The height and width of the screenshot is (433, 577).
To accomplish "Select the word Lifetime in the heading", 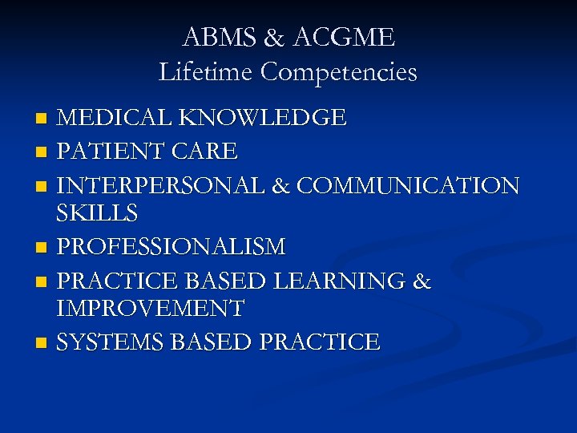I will (206, 72).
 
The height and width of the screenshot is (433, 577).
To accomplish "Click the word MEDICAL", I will (116, 119).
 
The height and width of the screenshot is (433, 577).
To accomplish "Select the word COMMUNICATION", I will (408, 186).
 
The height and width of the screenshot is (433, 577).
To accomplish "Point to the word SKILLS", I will (97, 214).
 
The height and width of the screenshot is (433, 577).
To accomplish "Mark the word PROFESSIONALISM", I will (171, 246).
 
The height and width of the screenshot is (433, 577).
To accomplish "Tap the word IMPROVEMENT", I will (151, 308).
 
